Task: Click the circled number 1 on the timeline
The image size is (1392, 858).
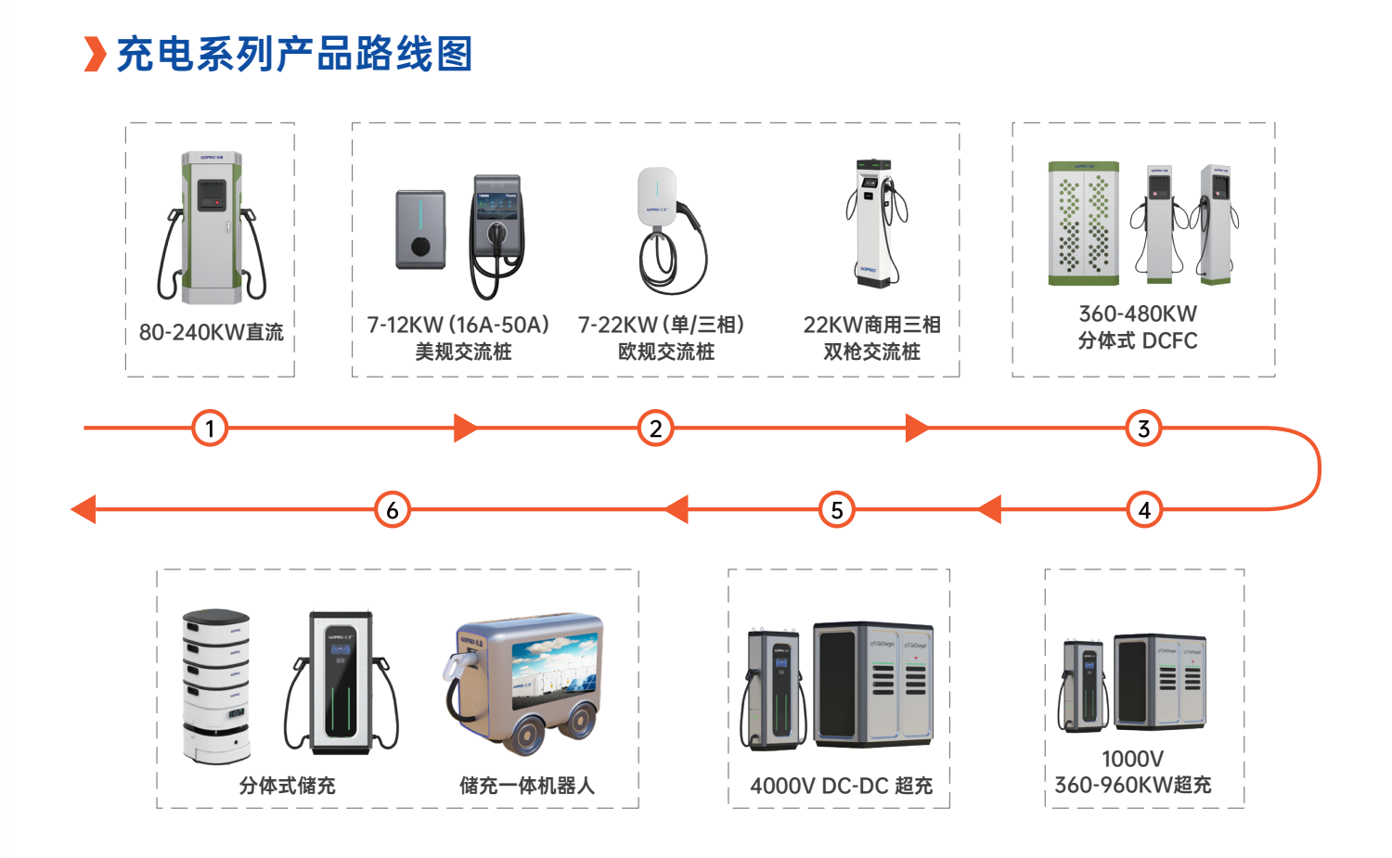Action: pos(210,429)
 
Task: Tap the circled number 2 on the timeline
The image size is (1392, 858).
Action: pos(655,429)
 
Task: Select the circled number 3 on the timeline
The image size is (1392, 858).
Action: pos(1143,429)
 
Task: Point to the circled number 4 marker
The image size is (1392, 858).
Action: pos(1144,510)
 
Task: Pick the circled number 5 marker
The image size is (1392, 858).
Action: pos(836,510)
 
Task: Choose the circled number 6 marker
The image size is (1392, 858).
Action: pos(393,510)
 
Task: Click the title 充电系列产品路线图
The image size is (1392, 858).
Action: pos(295,54)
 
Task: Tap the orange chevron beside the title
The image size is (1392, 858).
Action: pos(95,54)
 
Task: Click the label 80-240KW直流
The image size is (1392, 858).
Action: pos(211,332)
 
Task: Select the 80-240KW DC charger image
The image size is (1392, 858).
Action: pos(212,228)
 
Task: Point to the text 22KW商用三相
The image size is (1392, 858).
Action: pos(871,325)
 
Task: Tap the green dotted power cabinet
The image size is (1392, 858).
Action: pos(1083,224)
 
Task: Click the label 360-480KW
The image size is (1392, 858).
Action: pos(1138,314)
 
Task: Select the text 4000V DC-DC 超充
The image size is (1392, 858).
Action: pos(841,786)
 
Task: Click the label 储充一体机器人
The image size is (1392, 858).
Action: pos(526,786)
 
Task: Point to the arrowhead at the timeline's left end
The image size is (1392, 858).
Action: pos(84,509)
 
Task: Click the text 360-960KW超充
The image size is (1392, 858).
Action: pos(1132,785)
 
